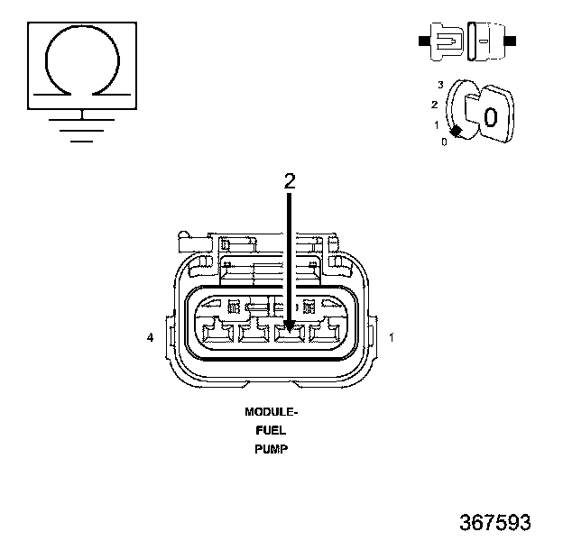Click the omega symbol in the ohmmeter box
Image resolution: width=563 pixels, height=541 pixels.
[46, 61]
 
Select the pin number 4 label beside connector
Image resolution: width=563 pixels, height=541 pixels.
[150, 337]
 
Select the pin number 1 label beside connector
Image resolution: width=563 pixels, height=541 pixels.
[392, 337]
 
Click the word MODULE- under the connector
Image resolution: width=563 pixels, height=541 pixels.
[272, 412]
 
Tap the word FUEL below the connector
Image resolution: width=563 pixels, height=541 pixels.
[271, 430]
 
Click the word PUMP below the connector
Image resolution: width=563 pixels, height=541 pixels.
[272, 449]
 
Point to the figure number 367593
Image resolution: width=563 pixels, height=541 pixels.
[495, 522]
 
